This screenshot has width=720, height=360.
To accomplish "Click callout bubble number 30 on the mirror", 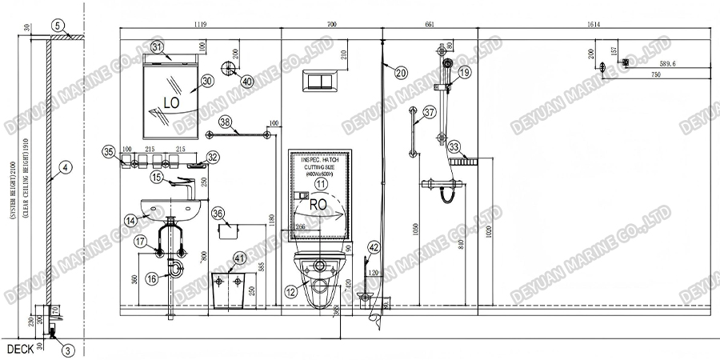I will pyautogui.click(x=207, y=81).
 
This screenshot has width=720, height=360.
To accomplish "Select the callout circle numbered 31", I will pyautogui.click(x=158, y=48).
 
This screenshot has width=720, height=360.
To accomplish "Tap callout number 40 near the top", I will pyautogui.click(x=247, y=81).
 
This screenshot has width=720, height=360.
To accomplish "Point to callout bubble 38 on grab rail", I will pyautogui.click(x=226, y=122).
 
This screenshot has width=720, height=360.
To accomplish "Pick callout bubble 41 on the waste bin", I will pyautogui.click(x=241, y=258).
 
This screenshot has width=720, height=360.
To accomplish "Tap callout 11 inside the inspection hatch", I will pyautogui.click(x=321, y=183).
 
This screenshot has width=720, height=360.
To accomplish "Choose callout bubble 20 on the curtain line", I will pyautogui.click(x=400, y=73).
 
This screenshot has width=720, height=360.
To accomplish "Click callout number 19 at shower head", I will pyautogui.click(x=465, y=73).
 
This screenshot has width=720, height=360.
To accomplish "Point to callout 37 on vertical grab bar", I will pyautogui.click(x=430, y=113).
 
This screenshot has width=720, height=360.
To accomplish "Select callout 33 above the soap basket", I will pyautogui.click(x=454, y=147).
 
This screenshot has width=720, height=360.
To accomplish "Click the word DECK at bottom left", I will pyautogui.click(x=19, y=350).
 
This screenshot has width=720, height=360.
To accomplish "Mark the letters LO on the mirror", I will pyautogui.click(x=170, y=102).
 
